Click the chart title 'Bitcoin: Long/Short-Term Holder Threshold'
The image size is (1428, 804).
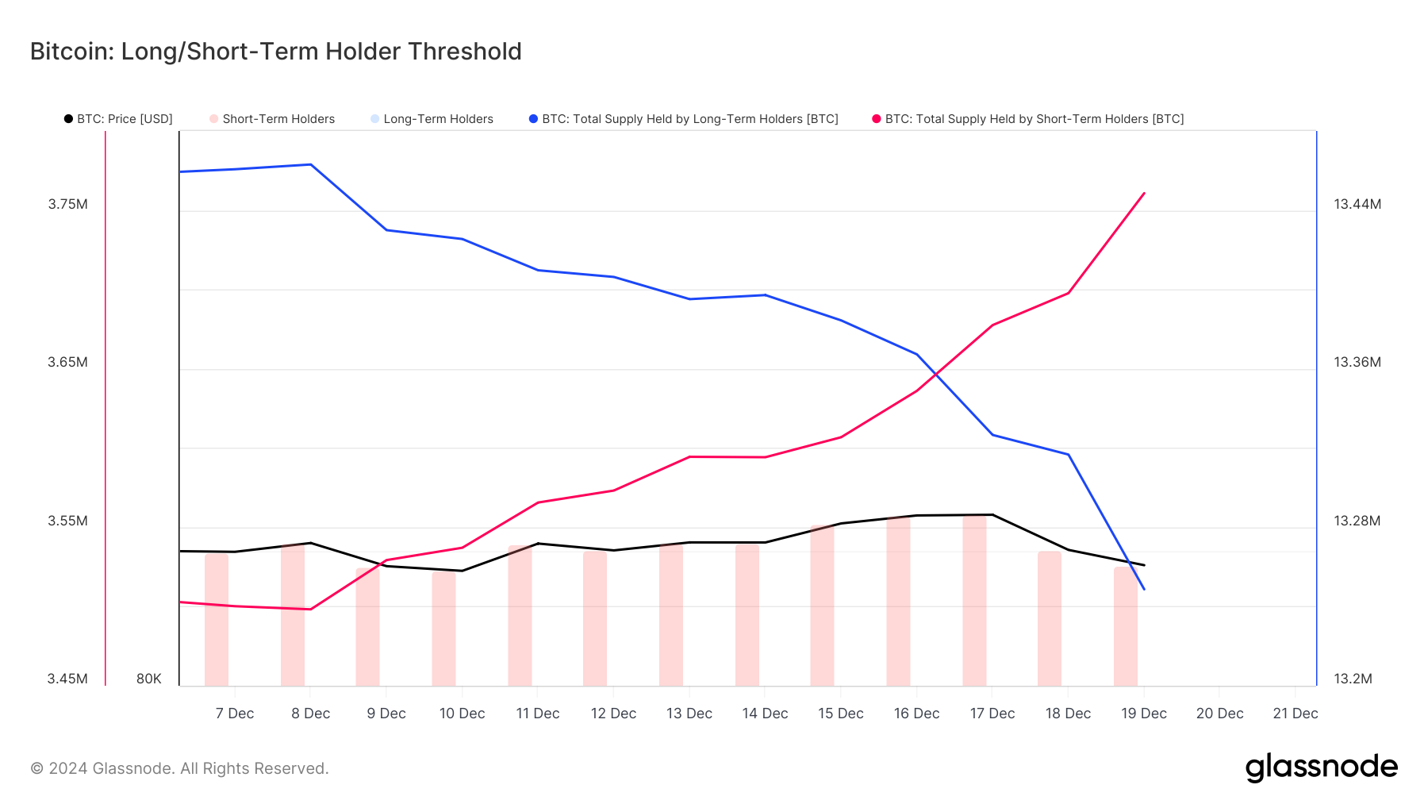[x=275, y=52]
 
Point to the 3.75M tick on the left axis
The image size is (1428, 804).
[x=68, y=204]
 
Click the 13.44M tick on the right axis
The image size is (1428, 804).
[x=1357, y=204]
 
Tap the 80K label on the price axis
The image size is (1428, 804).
[x=149, y=679]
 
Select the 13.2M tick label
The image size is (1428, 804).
[x=1353, y=679]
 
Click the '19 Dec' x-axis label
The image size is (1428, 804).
[x=1143, y=714]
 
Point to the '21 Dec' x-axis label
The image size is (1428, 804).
[x=1295, y=714]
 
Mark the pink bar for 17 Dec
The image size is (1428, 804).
[x=974, y=600]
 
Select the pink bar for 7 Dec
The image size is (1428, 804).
[x=217, y=619]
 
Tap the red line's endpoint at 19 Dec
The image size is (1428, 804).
[x=1144, y=193]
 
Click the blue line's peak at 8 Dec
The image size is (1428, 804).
[x=311, y=164]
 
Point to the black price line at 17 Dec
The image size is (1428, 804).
[x=992, y=514]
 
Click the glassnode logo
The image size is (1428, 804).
[x=1321, y=767]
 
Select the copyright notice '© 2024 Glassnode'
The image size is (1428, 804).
[x=179, y=768]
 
